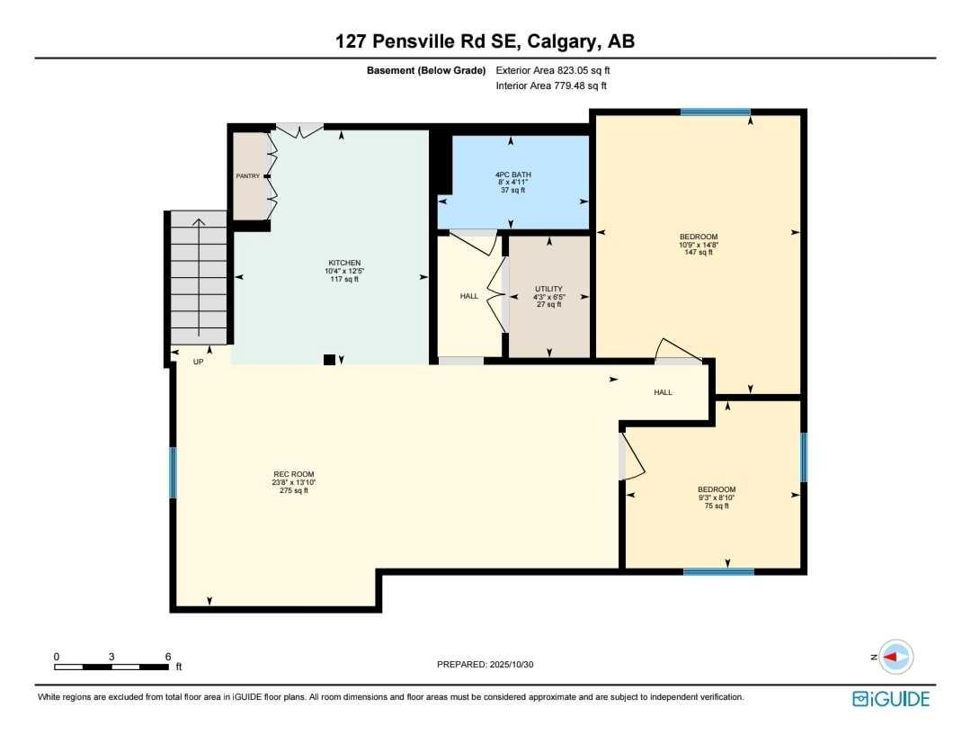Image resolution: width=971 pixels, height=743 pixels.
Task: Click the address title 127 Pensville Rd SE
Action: coord(485,40)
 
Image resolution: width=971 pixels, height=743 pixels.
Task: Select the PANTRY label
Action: coord(247,176)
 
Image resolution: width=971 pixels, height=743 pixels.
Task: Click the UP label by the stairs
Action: coord(199,362)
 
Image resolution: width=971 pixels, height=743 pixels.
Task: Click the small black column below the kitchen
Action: coord(329,360)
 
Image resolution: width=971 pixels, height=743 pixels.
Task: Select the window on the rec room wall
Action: coord(173,472)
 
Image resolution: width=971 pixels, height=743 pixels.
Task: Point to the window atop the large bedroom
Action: coord(715,112)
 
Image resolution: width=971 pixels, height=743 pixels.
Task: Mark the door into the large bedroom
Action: coord(676,352)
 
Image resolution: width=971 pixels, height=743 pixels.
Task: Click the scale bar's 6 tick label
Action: coord(168,657)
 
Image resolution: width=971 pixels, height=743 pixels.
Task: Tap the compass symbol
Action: coord(895,658)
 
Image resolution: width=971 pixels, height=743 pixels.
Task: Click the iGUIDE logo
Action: coord(891,699)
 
